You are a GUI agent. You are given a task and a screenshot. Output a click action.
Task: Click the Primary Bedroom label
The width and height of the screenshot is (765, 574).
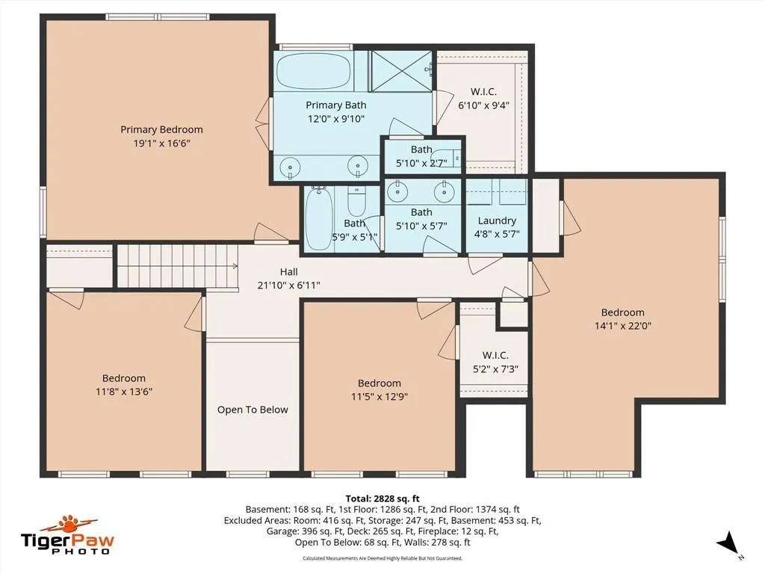161,129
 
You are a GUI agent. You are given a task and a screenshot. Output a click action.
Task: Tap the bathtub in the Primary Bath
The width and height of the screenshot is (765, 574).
313,71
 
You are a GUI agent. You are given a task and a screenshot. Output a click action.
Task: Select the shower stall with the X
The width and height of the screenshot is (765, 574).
400,71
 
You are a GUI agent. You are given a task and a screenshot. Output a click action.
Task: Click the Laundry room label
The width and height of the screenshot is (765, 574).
497,220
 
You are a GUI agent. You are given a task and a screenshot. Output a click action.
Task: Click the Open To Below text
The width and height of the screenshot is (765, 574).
253,410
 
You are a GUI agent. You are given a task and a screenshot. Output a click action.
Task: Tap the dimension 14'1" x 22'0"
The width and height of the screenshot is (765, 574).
622,326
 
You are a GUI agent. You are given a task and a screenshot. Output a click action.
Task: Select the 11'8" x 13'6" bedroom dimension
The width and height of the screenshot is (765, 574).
124,392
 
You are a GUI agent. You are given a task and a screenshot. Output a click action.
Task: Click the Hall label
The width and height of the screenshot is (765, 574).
289,272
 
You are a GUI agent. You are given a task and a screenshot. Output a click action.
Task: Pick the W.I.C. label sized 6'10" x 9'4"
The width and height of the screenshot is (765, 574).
483,92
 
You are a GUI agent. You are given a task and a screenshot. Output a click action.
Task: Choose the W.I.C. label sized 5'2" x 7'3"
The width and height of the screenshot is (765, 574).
495,355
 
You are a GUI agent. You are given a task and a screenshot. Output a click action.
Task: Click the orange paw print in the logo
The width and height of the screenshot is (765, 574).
69,525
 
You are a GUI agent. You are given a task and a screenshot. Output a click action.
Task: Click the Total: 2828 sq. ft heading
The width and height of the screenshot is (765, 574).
382,499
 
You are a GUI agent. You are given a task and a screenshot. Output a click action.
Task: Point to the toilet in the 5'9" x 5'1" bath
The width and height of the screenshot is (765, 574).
356,202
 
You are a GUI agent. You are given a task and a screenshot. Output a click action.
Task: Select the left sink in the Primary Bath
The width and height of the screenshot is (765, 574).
291,166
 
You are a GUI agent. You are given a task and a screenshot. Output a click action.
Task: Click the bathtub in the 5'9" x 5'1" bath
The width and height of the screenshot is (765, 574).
319,219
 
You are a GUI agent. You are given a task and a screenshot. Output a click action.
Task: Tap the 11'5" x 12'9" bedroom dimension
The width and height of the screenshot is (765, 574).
380,396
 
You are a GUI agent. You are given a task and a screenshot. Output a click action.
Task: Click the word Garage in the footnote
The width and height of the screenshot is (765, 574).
282,531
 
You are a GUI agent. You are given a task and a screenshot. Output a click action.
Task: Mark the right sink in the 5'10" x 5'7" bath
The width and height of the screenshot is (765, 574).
445,192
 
